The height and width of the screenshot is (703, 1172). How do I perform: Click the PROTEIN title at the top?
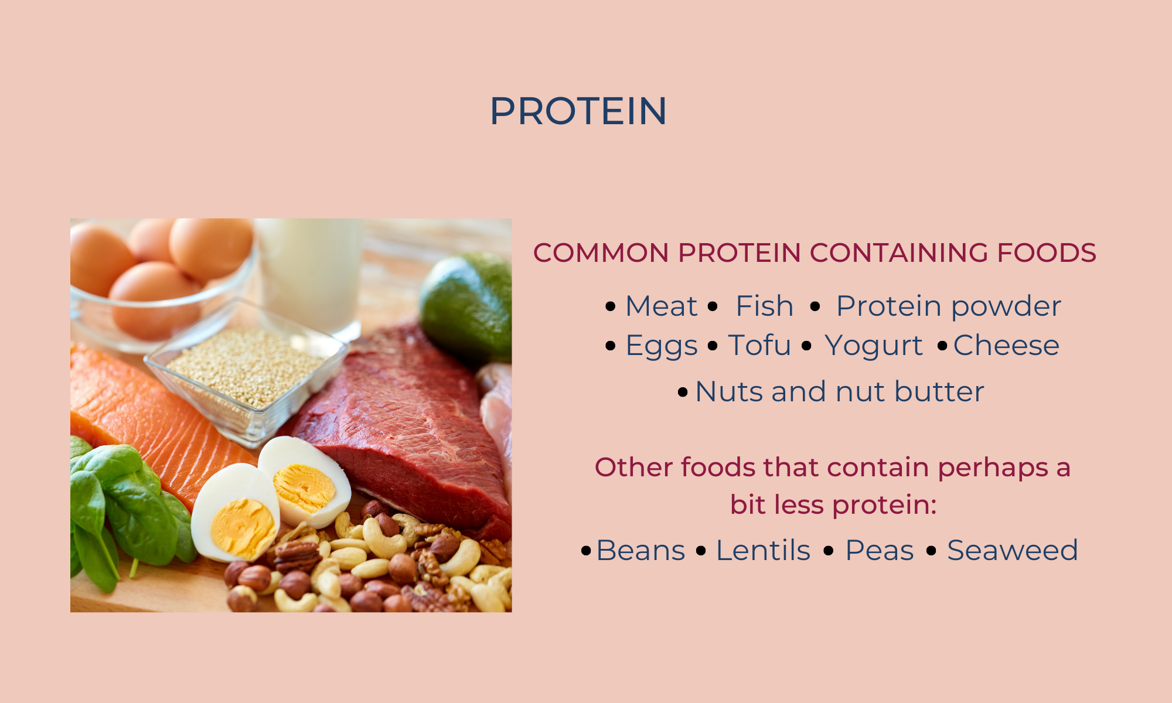[578, 111]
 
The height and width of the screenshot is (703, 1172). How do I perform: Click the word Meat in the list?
[662, 306]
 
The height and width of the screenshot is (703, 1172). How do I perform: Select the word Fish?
[764, 306]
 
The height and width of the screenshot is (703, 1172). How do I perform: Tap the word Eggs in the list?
[662, 346]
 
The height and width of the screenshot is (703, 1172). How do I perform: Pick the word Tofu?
[759, 344]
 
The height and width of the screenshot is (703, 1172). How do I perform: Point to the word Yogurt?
[874, 346]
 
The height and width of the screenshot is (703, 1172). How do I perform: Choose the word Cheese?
[1006, 345]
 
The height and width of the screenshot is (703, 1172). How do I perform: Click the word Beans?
[640, 550]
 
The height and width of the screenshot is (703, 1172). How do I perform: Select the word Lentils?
[763, 550]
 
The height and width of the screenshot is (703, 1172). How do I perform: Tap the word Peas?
[880, 550]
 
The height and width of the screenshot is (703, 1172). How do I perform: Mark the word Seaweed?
[1013, 550]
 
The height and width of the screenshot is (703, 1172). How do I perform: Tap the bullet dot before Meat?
[611, 306]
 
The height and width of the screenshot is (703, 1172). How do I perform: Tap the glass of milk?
[311, 275]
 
